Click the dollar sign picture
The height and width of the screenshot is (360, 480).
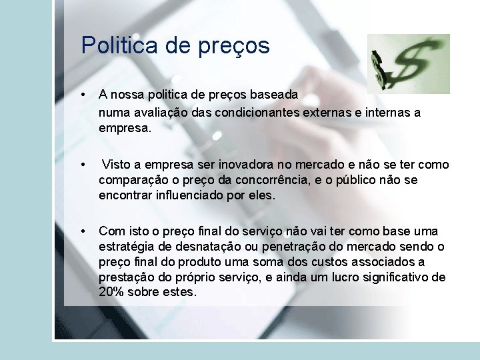409,63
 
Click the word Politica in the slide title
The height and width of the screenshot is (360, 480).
119,45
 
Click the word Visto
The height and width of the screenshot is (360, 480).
117,165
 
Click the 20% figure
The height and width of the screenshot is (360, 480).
111,293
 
